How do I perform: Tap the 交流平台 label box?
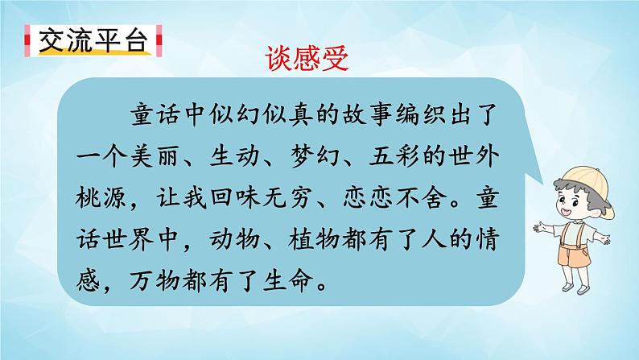88,39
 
